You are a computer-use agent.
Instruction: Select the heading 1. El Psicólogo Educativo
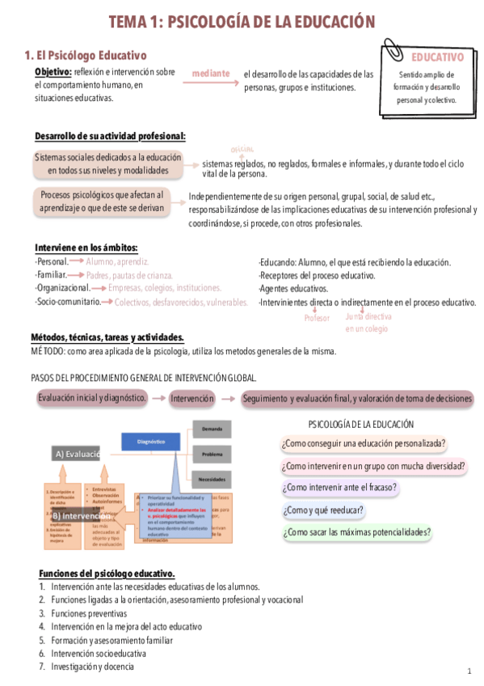(x=85, y=56)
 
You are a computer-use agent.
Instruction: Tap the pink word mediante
(x=210, y=74)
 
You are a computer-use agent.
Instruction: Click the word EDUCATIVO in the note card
(x=437, y=57)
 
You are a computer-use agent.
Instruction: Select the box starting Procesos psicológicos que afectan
(x=102, y=201)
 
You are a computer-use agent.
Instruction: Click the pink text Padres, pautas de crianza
(x=130, y=275)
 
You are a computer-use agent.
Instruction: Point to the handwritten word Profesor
(x=317, y=319)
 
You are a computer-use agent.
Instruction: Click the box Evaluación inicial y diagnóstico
(x=92, y=398)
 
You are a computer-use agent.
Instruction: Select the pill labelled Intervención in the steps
(x=191, y=398)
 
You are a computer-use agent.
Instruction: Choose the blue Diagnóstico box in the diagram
(x=151, y=442)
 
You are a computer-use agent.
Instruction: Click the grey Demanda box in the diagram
(x=212, y=428)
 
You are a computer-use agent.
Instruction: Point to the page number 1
(x=469, y=671)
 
